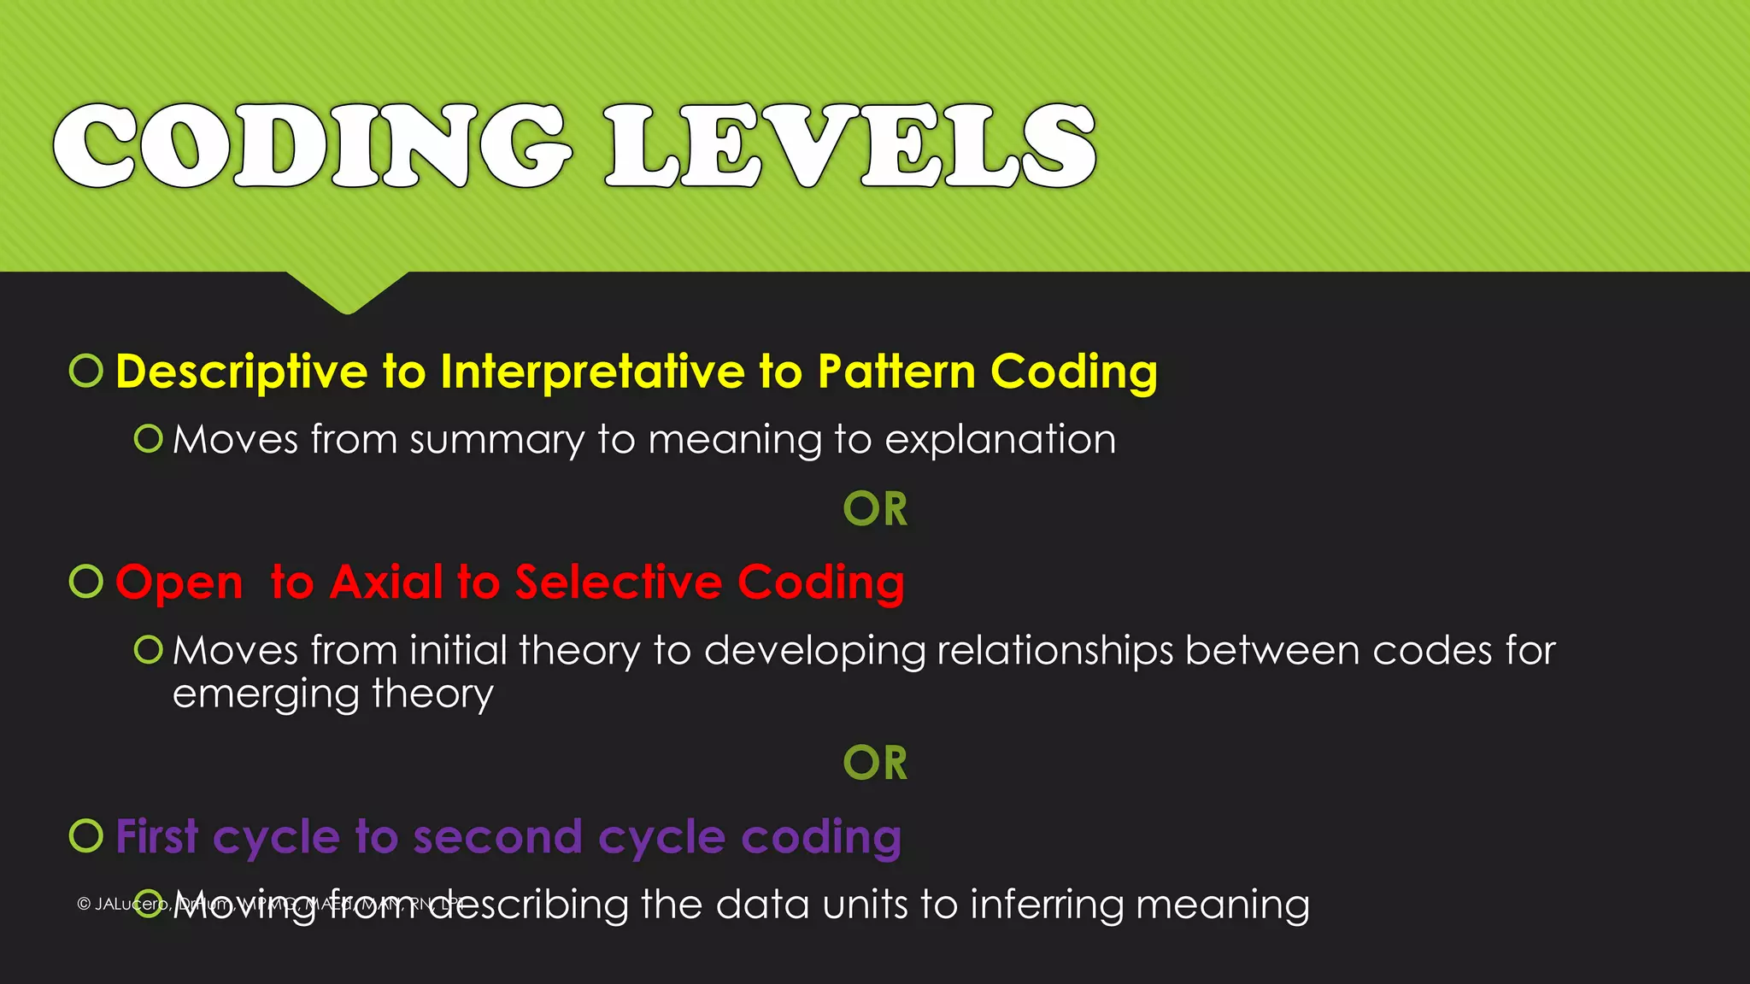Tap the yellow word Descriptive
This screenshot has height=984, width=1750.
[x=242, y=372]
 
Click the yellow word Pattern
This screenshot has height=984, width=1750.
[x=896, y=372]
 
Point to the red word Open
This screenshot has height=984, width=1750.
[x=179, y=584]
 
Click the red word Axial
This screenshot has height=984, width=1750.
[x=386, y=583]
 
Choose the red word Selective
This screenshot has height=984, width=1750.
[x=619, y=583]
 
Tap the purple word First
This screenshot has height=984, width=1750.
[x=157, y=836]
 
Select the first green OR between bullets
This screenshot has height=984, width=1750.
[x=875, y=509]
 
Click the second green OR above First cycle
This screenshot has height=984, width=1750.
[x=875, y=763]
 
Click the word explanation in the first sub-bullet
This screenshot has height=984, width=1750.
[x=1000, y=441]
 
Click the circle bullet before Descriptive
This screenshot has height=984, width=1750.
[x=86, y=371]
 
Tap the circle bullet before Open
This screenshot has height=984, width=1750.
[x=86, y=582]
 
